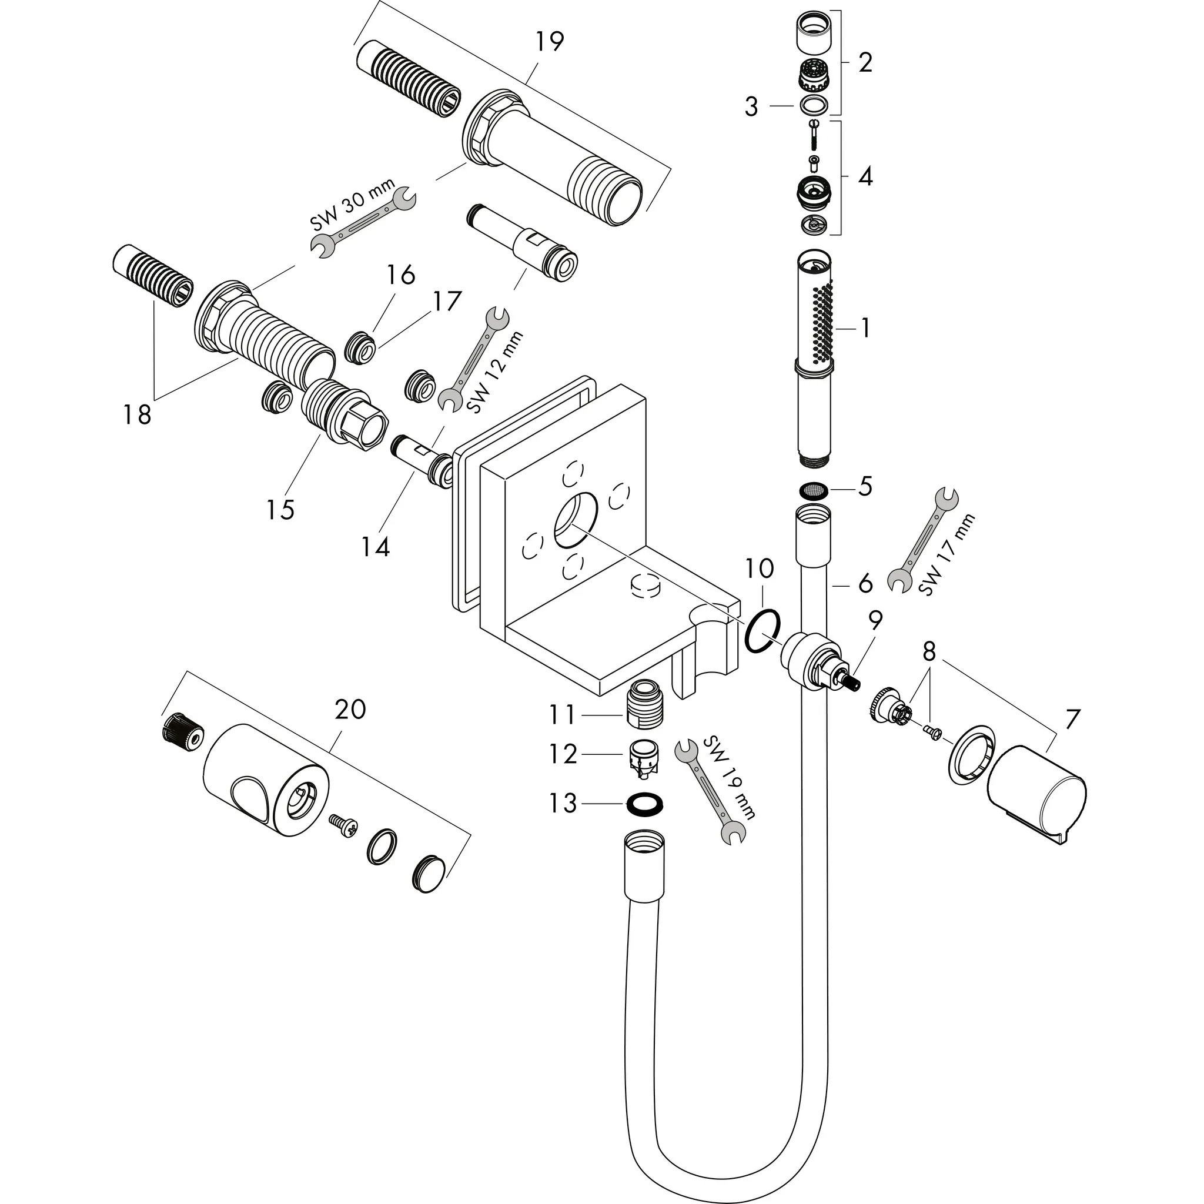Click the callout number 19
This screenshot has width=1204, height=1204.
click(549, 42)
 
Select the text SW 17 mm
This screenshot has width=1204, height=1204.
click(946, 555)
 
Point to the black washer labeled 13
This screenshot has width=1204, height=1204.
click(644, 804)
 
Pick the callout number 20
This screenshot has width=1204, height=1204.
click(350, 709)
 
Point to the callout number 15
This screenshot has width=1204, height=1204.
click(280, 510)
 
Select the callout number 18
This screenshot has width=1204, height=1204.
click(137, 414)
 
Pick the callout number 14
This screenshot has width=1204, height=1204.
click(376, 547)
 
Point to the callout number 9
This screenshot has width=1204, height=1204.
click(875, 620)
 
